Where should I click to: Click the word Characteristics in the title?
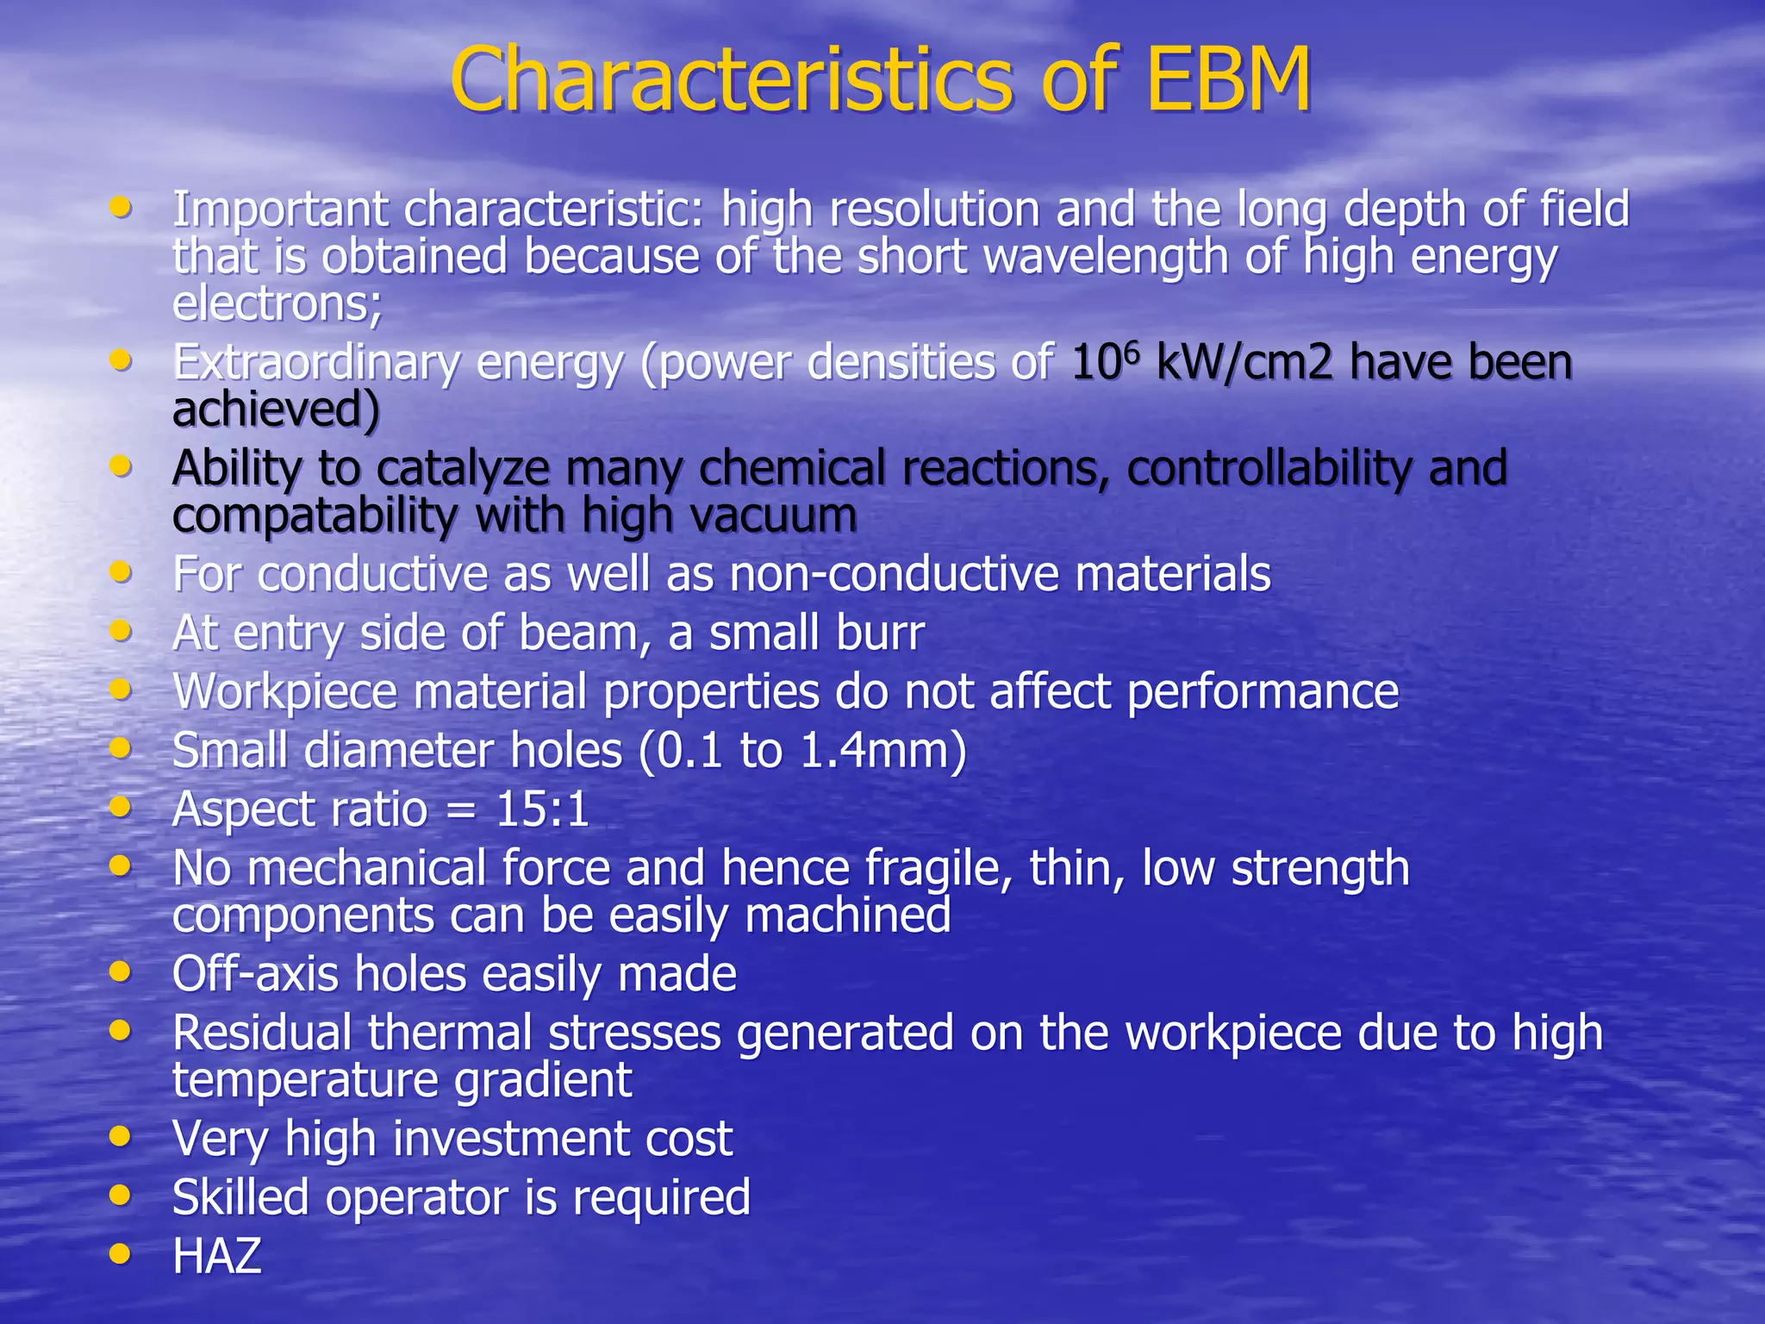pyautogui.click(x=730, y=79)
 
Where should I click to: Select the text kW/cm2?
pyautogui.click(x=1244, y=362)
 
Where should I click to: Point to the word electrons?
pyautogui.click(x=277, y=303)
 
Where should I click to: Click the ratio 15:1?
pyautogui.click(x=542, y=810)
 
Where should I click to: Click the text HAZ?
pyautogui.click(x=216, y=1256)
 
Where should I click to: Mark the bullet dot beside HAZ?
pyautogui.click(x=122, y=1253)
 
